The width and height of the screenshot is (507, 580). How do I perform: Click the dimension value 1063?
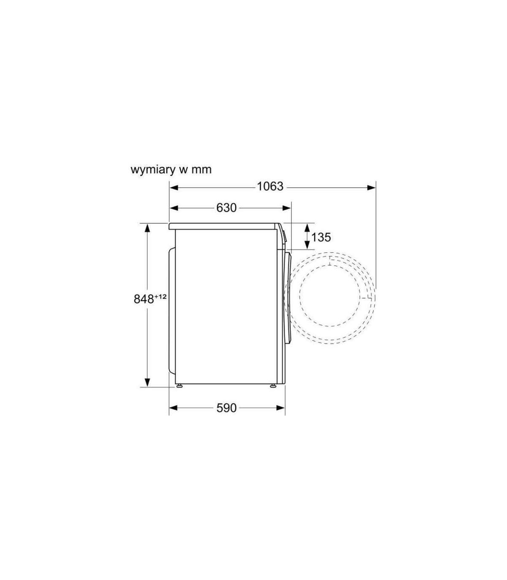[x=270, y=186]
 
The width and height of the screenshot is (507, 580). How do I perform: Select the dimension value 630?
[x=226, y=208]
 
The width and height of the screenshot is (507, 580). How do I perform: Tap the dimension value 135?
[x=321, y=237]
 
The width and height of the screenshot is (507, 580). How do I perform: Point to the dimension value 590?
[x=226, y=408]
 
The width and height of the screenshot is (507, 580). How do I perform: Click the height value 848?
[x=144, y=299]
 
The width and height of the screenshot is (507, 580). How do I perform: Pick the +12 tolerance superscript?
[x=160, y=296]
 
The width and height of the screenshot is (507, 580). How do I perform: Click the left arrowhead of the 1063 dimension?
[x=174, y=188]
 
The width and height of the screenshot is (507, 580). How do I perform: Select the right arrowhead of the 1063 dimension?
[x=371, y=188]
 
